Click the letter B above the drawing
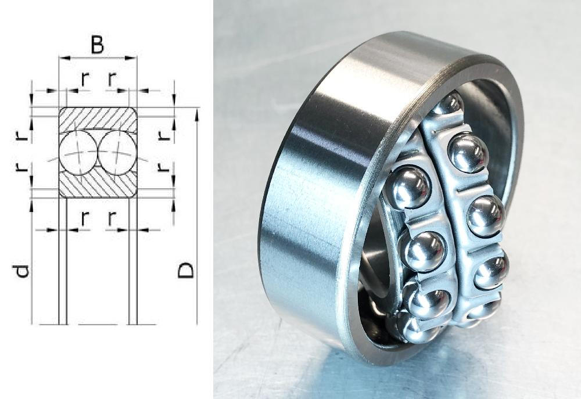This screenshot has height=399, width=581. [98, 45]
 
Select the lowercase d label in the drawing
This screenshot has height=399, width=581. [21, 271]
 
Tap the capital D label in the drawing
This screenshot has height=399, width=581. [185, 271]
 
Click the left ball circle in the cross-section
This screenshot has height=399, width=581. [78, 152]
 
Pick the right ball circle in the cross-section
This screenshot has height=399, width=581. [117, 152]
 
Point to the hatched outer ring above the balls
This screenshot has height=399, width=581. [98, 118]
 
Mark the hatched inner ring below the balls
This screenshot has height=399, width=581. [98, 184]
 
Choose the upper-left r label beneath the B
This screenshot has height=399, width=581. [85, 79]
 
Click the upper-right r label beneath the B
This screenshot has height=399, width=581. [112, 79]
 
